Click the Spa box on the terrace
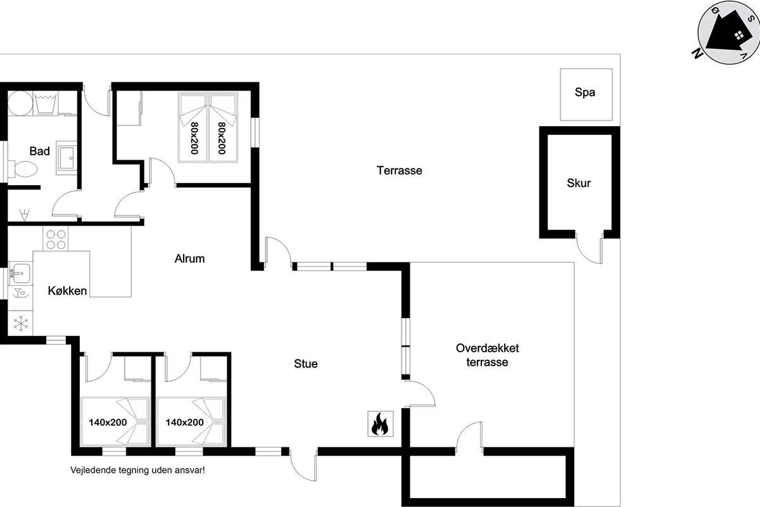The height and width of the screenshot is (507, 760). [586, 94]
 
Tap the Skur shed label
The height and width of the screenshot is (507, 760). [578, 183]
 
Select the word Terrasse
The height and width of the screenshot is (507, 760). [400, 170]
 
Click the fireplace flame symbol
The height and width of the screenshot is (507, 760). [381, 423]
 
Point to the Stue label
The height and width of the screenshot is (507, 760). [306, 364]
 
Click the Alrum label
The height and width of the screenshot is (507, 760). [189, 259]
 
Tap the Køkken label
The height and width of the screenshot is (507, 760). [67, 291]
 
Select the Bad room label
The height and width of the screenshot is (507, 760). [40, 151]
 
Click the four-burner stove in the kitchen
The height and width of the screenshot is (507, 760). [56, 239]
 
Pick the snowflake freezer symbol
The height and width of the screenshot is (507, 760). [21, 323]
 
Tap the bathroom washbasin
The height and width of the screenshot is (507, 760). [66, 158]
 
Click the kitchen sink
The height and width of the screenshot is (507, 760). [20, 273]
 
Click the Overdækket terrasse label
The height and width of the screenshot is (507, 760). [487, 355]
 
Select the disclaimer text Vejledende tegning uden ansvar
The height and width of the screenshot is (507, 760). [137, 470]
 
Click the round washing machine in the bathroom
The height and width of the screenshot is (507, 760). [20, 103]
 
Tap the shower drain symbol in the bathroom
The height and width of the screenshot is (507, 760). [24, 215]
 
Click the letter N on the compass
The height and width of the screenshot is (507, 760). [697, 54]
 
